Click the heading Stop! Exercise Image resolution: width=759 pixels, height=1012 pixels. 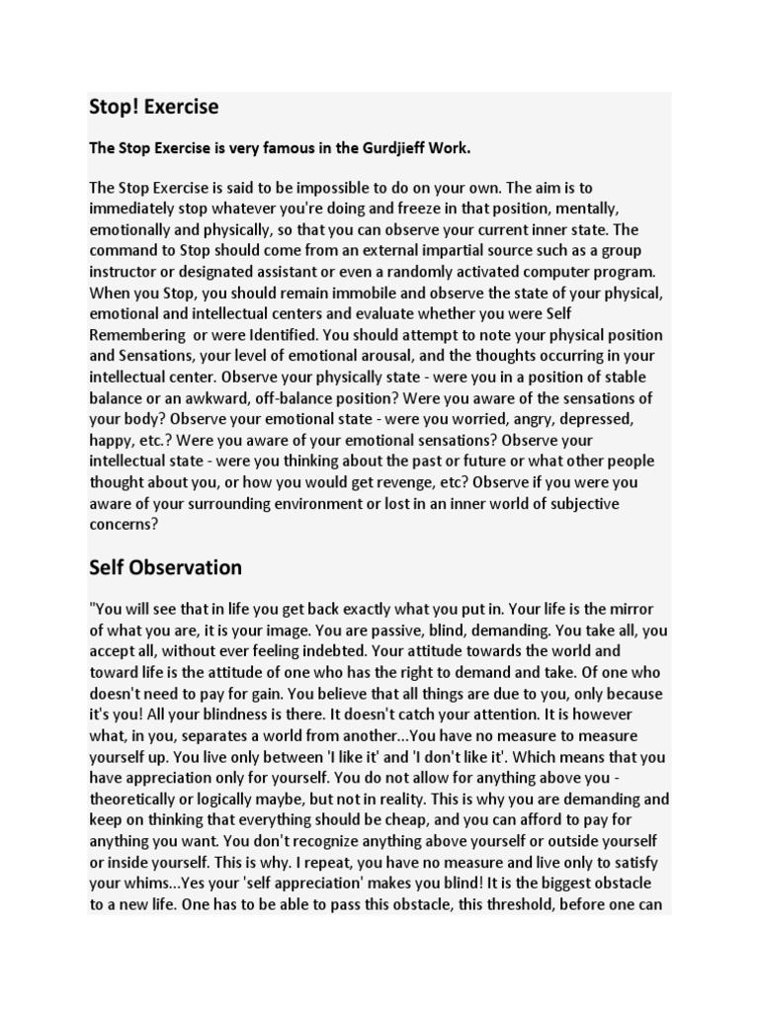154,107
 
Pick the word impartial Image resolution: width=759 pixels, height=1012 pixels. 404,251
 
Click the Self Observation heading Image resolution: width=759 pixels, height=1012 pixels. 165,567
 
